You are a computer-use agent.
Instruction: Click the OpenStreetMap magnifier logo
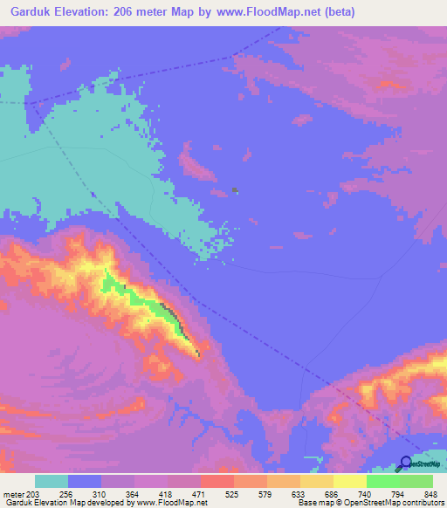[407, 463]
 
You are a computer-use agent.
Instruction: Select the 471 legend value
[200, 494]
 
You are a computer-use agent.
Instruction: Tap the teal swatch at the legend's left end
[52, 481]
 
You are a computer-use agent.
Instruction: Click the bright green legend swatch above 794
[383, 481]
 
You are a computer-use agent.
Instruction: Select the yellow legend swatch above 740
[350, 481]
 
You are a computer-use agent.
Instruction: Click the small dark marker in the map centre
[236, 189]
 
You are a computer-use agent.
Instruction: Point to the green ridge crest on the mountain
[140, 297]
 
